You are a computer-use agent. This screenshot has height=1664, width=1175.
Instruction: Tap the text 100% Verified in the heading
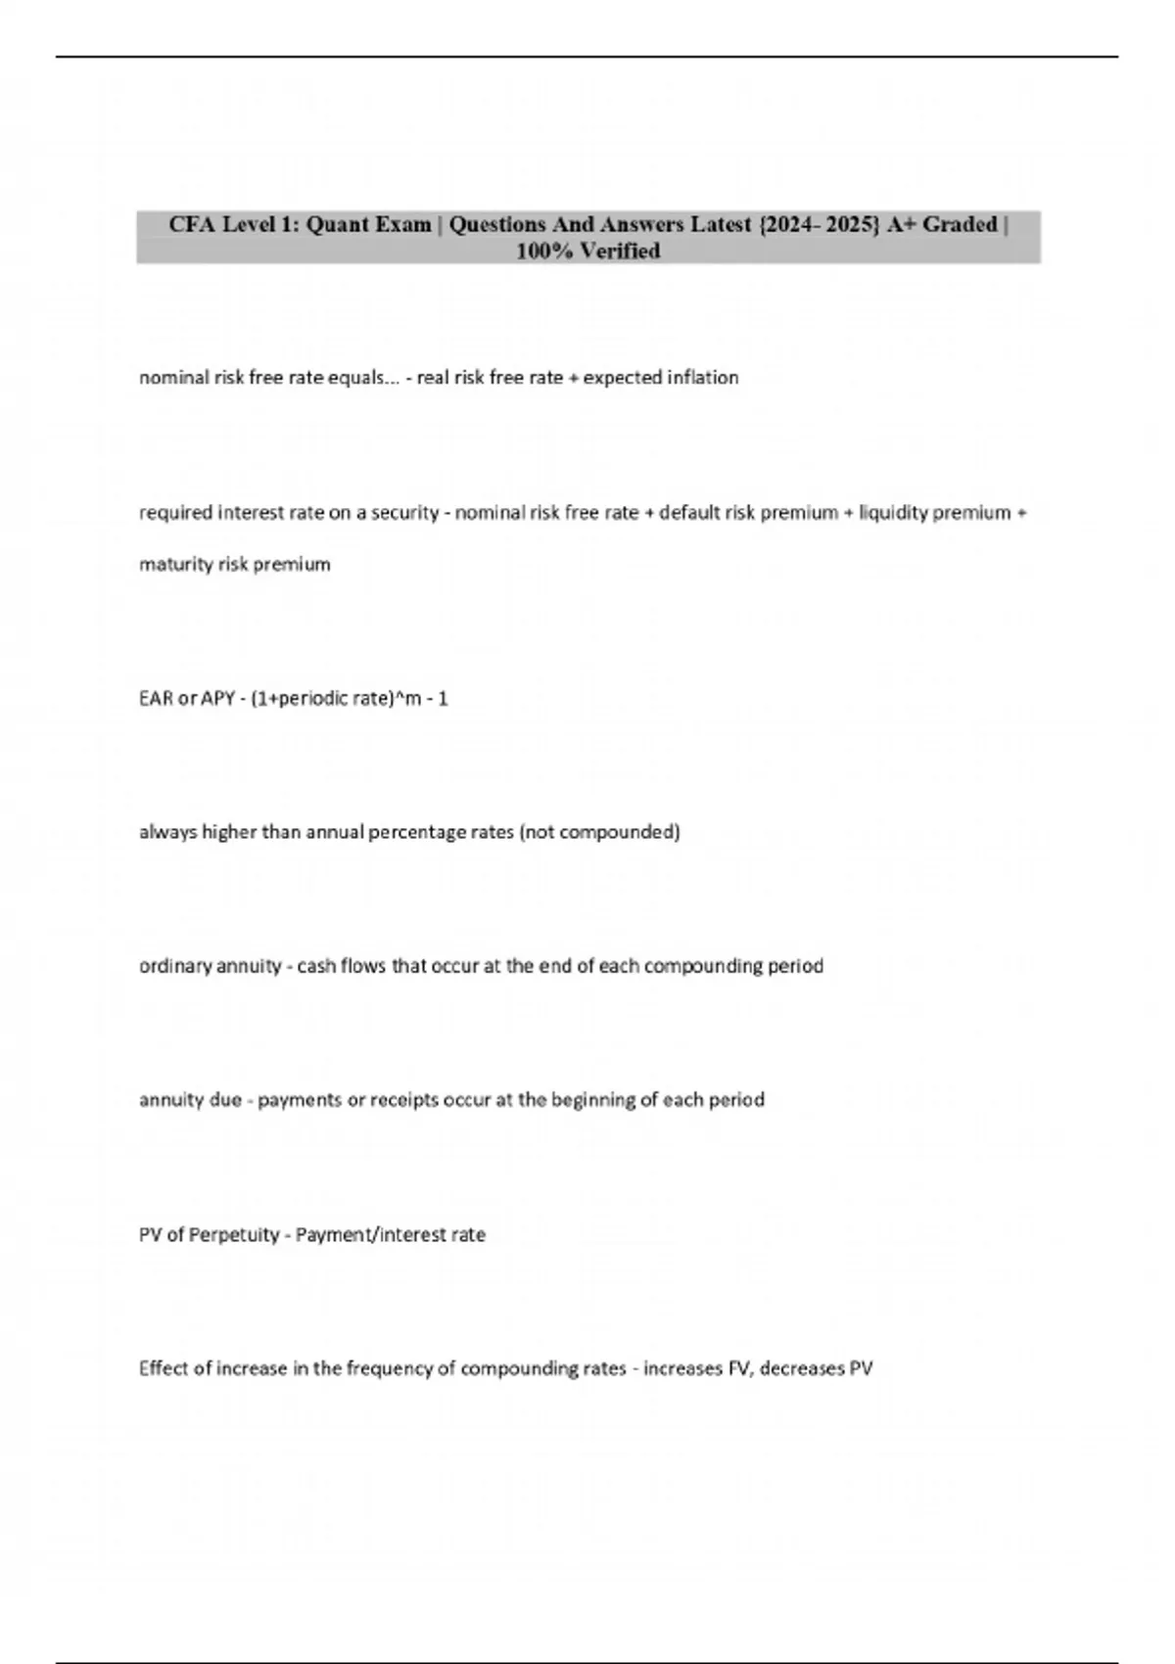tap(588, 252)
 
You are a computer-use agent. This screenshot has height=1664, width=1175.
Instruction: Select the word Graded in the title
tap(960, 225)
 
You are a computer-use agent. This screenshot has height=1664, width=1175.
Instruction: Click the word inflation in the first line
tap(703, 378)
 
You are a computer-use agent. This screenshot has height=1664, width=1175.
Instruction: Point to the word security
tap(404, 513)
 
